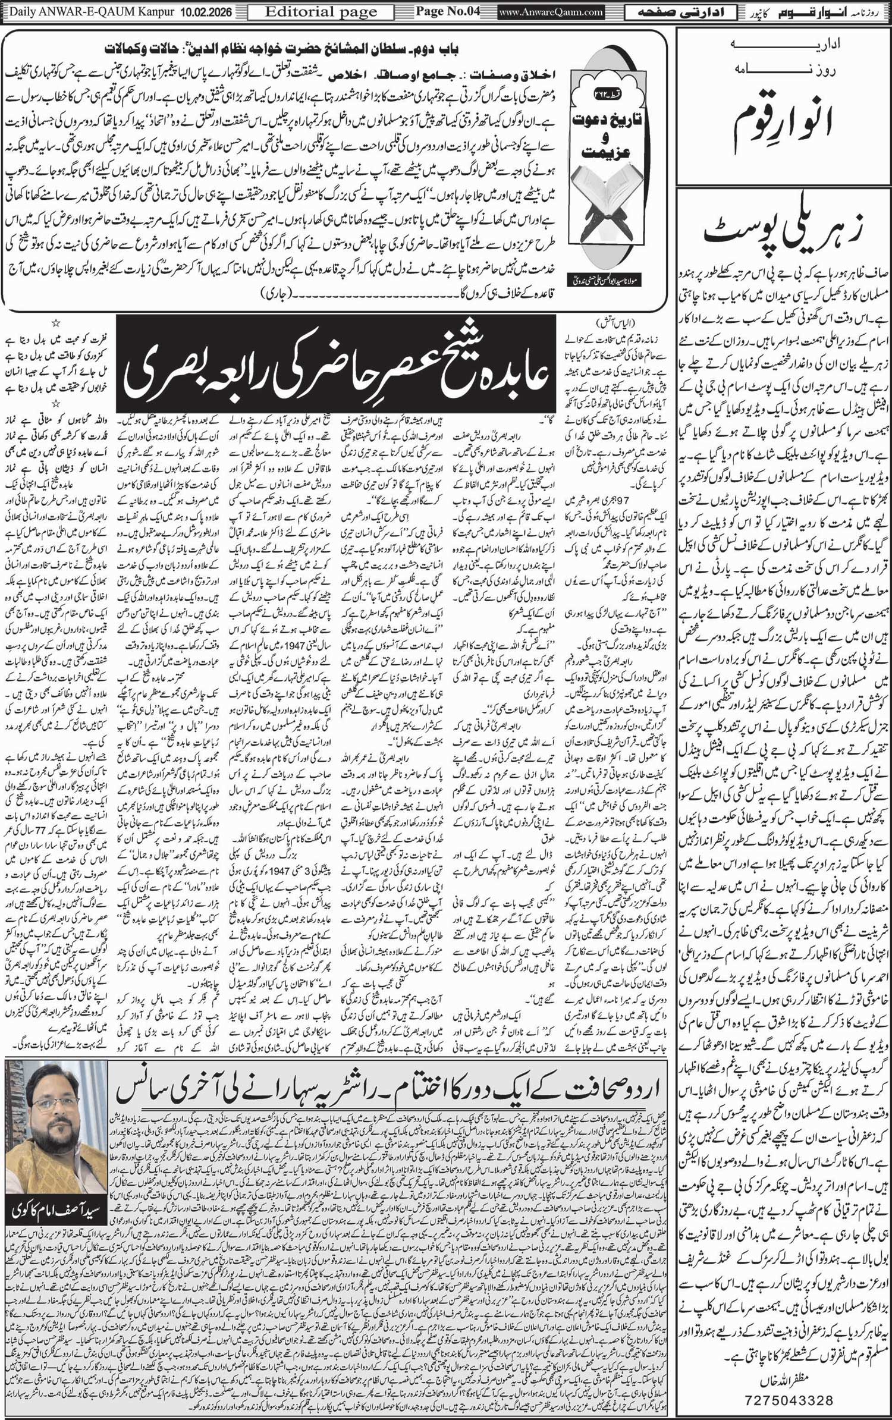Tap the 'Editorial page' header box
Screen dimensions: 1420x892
point(321,11)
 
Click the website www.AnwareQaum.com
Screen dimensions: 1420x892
point(551,11)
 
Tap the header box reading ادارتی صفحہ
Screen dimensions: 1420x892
point(681,11)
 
